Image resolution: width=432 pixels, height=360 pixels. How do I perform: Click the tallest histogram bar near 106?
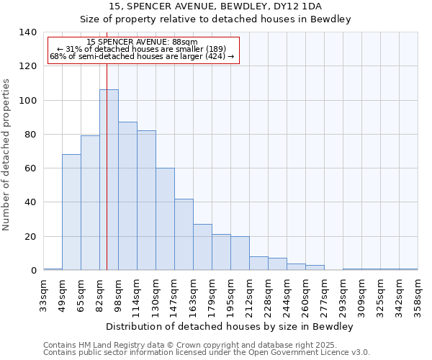[109, 180]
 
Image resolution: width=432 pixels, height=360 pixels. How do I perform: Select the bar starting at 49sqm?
[71, 212]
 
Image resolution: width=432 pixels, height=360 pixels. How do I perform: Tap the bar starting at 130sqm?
[165, 220]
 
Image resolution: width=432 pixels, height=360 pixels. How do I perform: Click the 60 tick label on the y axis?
[30, 168]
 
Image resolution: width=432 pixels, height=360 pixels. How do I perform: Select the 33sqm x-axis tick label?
[43, 293]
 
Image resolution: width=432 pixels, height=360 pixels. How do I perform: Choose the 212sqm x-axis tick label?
[249, 293]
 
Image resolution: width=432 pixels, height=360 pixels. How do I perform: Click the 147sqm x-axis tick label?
[174, 293]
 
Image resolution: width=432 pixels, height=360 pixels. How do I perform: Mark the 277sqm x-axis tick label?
[324, 293]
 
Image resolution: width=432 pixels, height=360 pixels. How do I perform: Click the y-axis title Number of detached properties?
[7, 155]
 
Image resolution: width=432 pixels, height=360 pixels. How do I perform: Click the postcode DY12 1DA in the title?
[296, 6]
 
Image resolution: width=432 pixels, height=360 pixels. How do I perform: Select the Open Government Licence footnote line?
[207, 352]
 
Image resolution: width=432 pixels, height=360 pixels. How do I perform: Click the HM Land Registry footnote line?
[206, 345]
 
